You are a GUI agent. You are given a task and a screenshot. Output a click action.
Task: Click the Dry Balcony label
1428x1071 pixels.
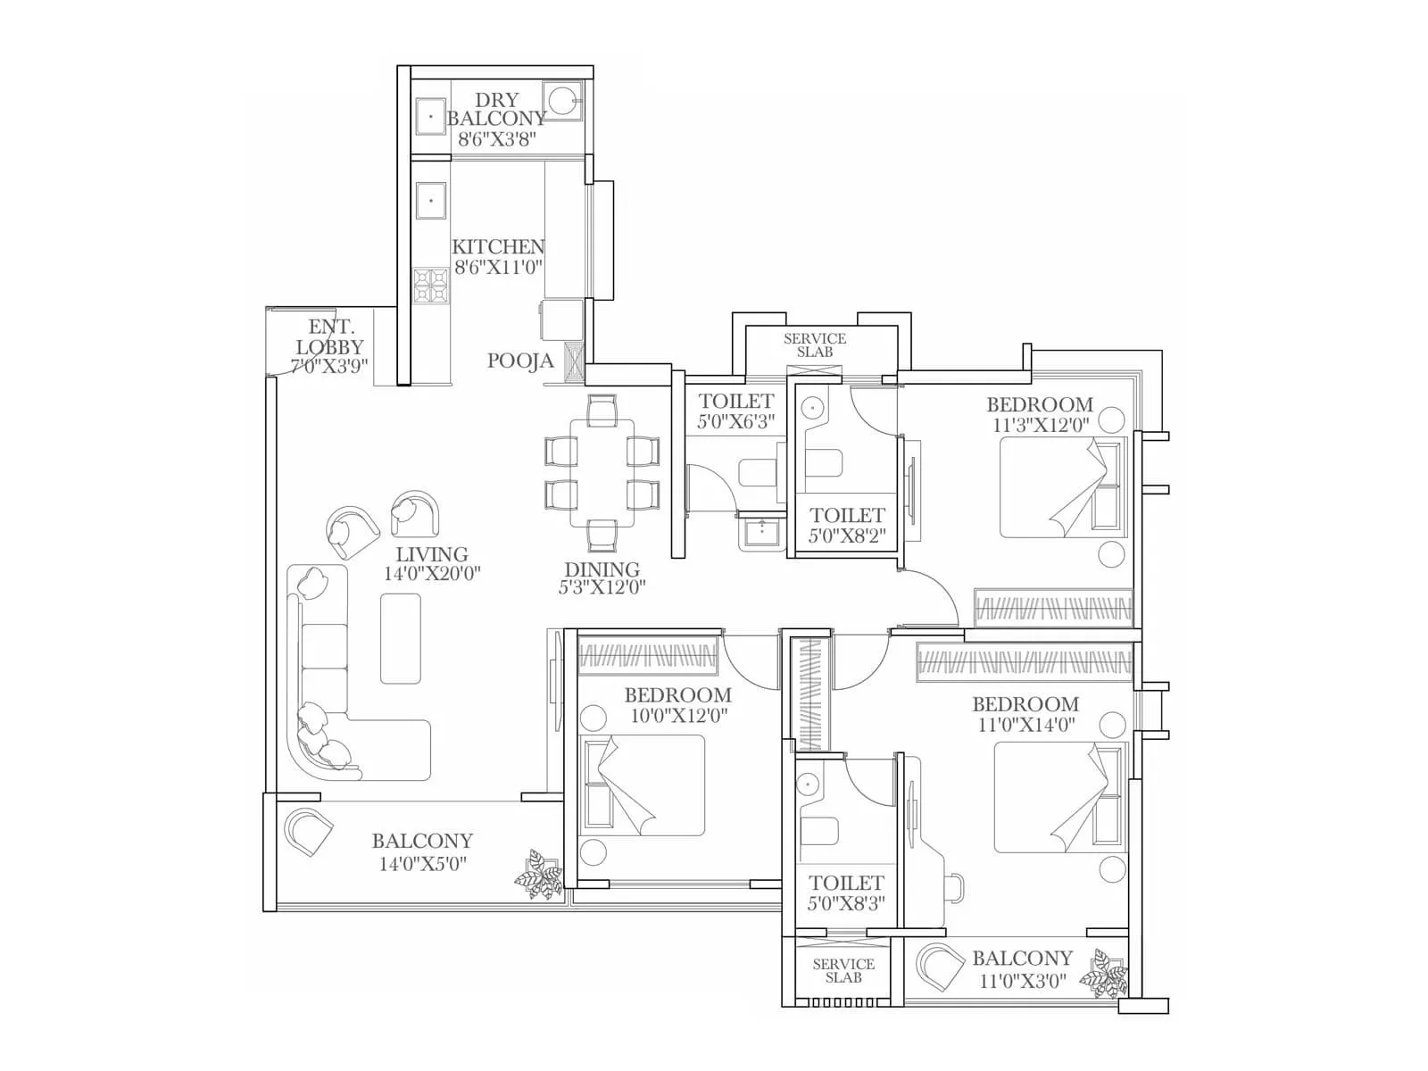pyautogui.click(x=496, y=109)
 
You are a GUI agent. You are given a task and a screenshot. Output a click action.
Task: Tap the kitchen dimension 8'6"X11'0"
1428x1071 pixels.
pyautogui.click(x=498, y=267)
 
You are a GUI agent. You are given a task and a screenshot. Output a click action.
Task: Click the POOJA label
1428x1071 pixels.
pyautogui.click(x=520, y=361)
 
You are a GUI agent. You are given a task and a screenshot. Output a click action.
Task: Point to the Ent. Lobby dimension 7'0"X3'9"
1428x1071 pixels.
pyautogui.click(x=329, y=366)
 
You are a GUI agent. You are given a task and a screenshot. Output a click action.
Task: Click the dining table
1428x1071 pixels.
pyautogui.click(x=602, y=473)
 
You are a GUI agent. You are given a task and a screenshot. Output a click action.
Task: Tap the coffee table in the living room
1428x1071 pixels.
pyautogui.click(x=400, y=638)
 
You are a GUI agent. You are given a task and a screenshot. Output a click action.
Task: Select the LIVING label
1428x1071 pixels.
pyautogui.click(x=432, y=554)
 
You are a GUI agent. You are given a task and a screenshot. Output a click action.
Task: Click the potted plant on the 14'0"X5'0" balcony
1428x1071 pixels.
pyautogui.click(x=540, y=874)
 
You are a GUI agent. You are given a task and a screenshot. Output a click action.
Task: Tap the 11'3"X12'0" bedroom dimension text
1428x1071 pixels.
pyautogui.click(x=1041, y=425)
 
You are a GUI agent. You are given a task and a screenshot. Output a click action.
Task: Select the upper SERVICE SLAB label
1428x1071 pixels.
pyautogui.click(x=814, y=345)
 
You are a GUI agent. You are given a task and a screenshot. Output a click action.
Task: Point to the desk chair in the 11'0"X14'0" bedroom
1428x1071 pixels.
pyautogui.click(x=954, y=889)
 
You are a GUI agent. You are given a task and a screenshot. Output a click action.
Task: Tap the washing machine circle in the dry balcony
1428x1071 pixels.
pyautogui.click(x=563, y=99)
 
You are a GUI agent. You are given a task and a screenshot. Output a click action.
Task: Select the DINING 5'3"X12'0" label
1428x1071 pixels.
pyautogui.click(x=602, y=577)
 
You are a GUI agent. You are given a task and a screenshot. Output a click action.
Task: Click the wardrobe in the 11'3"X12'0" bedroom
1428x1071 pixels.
pyautogui.click(x=1053, y=608)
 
